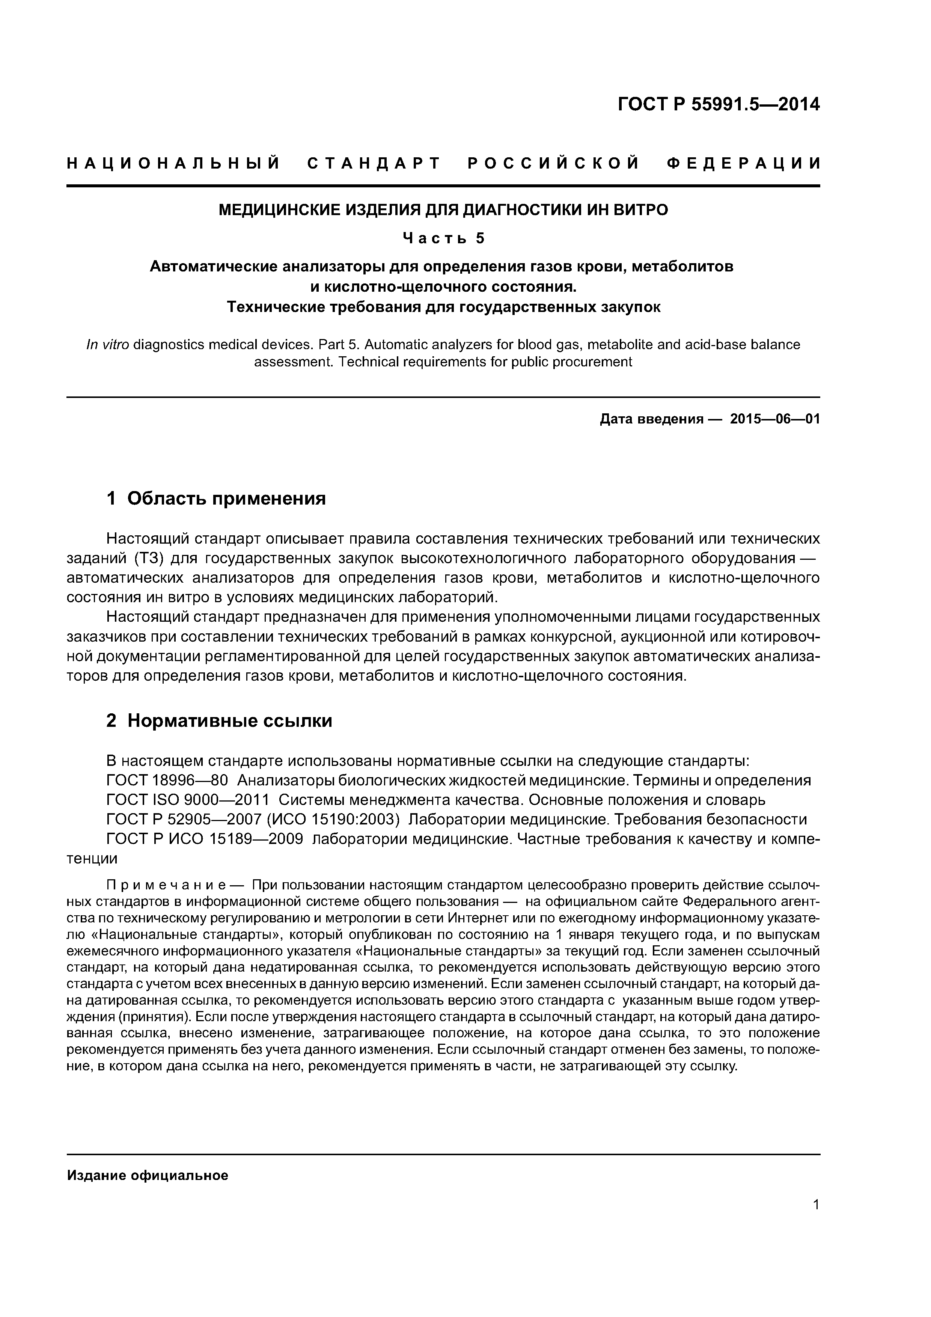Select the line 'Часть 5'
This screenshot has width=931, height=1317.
[x=443, y=238]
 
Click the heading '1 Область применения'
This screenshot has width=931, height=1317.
[x=216, y=499]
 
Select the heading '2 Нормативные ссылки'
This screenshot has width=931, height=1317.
[x=219, y=720]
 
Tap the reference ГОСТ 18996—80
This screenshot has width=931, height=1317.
[x=167, y=781]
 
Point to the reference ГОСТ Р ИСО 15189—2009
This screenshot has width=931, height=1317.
[x=205, y=839]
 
